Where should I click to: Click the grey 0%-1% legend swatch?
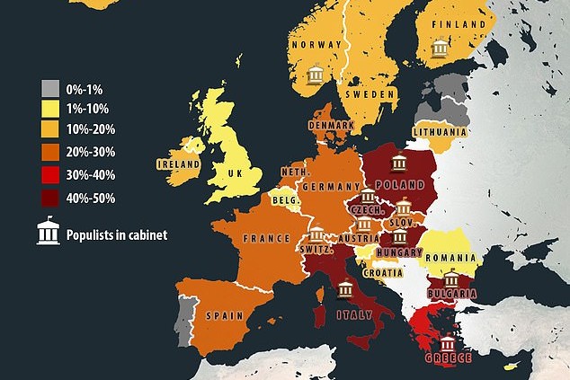pyautogui.click(x=49, y=89)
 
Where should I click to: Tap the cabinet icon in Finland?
pyautogui.click(x=440, y=49)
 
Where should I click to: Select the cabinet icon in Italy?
pyautogui.click(x=345, y=289)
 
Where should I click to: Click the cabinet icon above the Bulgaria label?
pyautogui.click(x=450, y=279)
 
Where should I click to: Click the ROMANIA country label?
pyautogui.click(x=450, y=256)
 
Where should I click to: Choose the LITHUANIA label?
pyautogui.click(x=440, y=132)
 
